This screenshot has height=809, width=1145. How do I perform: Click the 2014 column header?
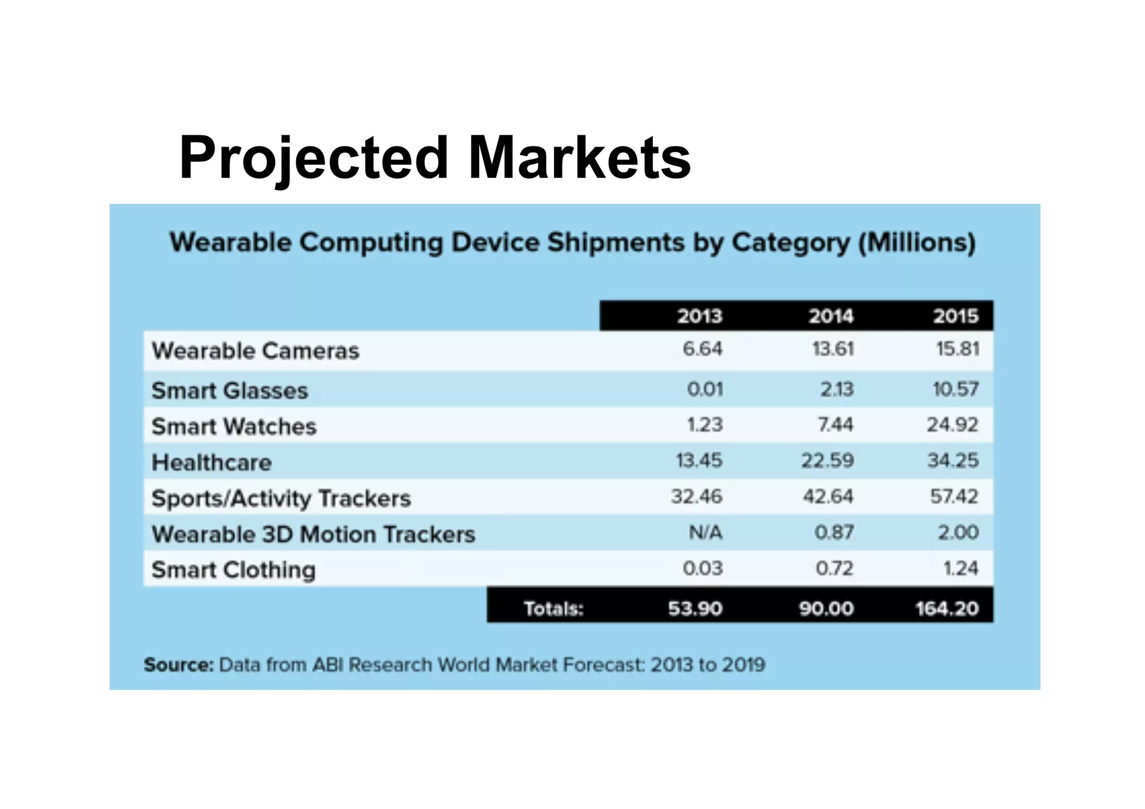831,316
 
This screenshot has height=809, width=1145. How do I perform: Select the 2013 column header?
700,316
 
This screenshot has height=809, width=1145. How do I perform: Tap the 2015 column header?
956,316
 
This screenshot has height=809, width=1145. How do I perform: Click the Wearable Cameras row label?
256,351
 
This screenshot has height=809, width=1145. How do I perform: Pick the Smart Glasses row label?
230,390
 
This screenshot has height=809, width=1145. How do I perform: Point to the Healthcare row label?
212,462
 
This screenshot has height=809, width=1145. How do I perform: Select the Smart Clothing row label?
234,570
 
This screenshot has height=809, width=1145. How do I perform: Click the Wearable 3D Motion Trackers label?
314,534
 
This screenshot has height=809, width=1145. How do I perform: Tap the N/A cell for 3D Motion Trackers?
706,532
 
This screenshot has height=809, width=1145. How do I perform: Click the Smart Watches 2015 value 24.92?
953,425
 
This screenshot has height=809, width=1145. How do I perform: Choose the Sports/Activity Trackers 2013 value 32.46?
697,496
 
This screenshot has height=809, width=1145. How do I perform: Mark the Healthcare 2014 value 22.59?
827,461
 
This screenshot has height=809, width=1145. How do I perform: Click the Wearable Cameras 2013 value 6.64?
703,349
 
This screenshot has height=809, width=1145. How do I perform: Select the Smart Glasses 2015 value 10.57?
955,389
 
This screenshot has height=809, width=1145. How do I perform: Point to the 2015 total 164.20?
947,608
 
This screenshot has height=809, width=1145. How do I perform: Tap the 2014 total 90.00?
826,608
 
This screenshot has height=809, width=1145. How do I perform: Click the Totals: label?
553,608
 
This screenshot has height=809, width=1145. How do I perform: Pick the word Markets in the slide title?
579,158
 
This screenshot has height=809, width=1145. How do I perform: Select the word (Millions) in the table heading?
917,243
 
